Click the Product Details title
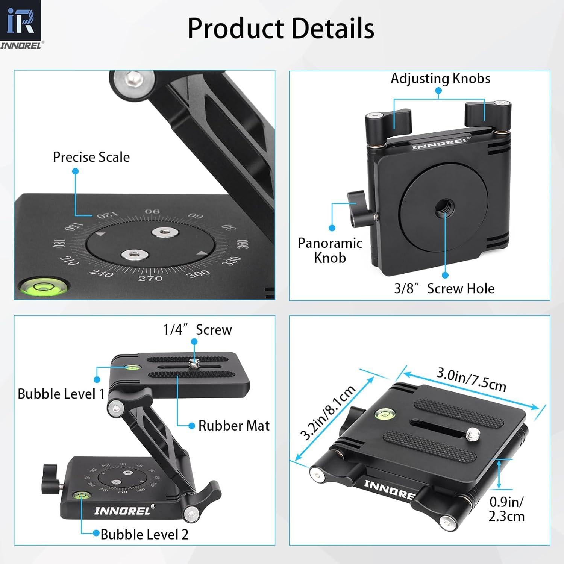[281, 28]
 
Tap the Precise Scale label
[91, 157]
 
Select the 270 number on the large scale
[150, 279]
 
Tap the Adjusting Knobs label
[440, 79]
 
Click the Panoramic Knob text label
[330, 250]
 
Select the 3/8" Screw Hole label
[444, 288]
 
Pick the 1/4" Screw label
[197, 330]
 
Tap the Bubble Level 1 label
[61, 394]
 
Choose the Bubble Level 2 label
[144, 534]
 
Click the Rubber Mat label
[234, 426]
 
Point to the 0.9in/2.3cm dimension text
[506, 509]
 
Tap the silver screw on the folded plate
[472, 435]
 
